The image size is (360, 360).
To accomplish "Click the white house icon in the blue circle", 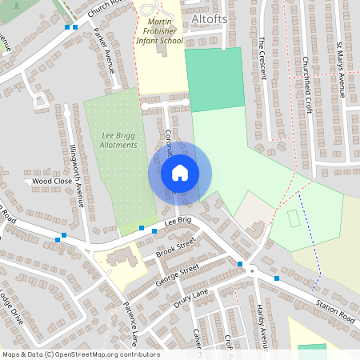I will pos(180,172).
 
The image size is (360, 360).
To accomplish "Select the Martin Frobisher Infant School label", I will pos(160,30).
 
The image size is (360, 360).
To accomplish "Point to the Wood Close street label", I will pos(52,182).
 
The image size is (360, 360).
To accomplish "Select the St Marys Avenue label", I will pos(340,68).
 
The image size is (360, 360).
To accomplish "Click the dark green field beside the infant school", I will pos(214,78).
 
